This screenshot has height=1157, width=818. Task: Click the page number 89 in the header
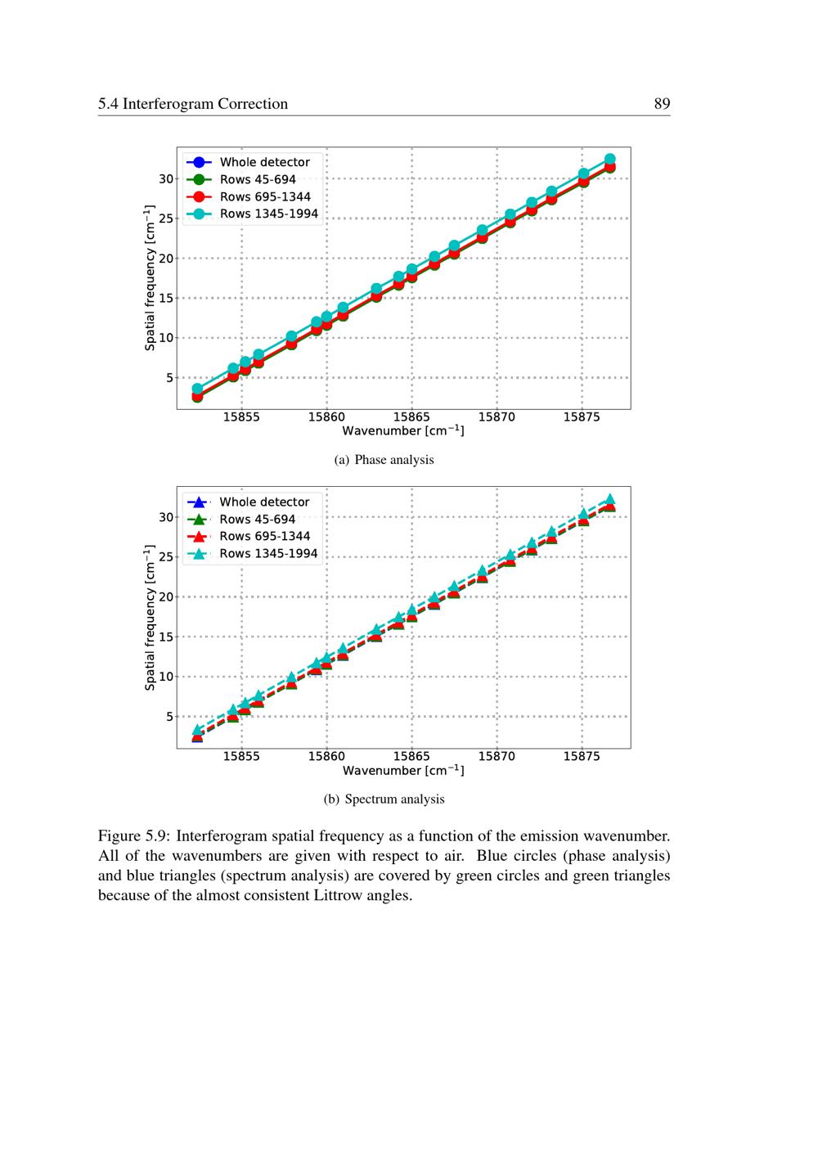pos(662,104)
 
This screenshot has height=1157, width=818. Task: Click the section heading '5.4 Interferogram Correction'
pos(193,104)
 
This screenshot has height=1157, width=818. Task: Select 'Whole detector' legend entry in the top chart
pos(264,162)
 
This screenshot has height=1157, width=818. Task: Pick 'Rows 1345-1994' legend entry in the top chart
pos(268,214)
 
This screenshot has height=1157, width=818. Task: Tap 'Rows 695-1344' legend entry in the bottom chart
pos(264,536)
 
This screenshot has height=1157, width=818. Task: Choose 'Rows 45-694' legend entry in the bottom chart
pos(257,519)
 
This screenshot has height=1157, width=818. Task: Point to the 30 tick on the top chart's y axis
pos(166,178)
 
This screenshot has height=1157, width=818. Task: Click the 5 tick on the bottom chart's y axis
pos(169,716)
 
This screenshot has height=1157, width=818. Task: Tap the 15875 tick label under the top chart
pos(582,417)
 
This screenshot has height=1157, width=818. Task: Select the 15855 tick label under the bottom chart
pos(241,757)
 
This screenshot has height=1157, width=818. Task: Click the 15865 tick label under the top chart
pos(411,417)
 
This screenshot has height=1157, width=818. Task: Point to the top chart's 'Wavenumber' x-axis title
pos(403,431)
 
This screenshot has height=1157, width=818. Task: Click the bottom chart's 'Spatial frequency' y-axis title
pos(150,618)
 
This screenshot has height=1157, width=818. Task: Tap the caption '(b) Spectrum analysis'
pos(384,799)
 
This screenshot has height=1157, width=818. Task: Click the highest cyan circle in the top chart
pos(609,160)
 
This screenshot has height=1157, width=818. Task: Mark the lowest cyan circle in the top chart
pos(197,389)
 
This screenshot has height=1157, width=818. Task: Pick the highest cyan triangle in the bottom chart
pos(609,498)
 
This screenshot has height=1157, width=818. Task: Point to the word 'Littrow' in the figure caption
pos(335,895)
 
